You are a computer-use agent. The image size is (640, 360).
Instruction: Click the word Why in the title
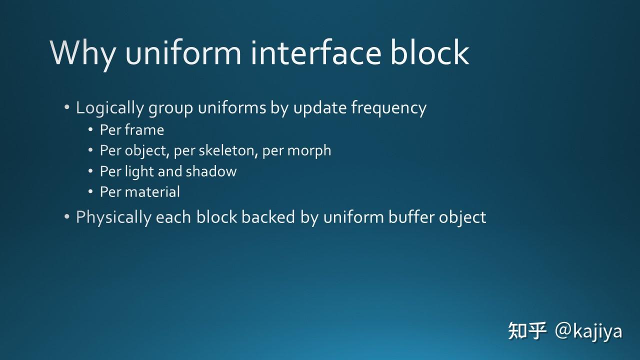83,52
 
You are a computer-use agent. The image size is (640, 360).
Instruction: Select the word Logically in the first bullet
103,108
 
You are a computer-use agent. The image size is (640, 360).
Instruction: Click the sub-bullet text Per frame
131,130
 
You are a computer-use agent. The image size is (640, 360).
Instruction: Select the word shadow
211,171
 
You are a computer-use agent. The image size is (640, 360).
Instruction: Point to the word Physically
113,217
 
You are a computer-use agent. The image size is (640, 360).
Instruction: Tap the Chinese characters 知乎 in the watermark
526,331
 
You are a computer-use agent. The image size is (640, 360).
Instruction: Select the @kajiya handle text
588,331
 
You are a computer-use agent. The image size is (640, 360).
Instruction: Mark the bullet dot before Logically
67,108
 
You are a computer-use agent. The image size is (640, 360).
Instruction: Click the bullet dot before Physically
67,217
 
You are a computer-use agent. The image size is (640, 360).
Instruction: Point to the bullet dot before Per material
90,191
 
